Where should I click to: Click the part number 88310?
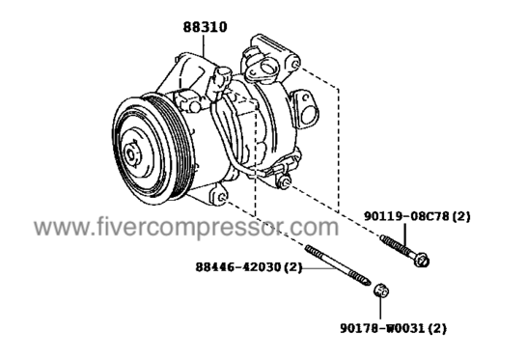tap(205, 27)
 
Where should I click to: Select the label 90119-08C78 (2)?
tap(417, 216)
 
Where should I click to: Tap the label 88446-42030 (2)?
tap(249, 267)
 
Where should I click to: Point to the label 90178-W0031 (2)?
tap(393, 328)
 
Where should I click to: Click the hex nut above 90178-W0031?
tap(381, 291)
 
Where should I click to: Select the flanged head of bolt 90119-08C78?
tap(422, 261)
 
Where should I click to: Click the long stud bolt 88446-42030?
tap(338, 265)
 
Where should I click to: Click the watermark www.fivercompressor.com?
tap(186, 228)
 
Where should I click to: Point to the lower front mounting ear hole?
tap(221, 198)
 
